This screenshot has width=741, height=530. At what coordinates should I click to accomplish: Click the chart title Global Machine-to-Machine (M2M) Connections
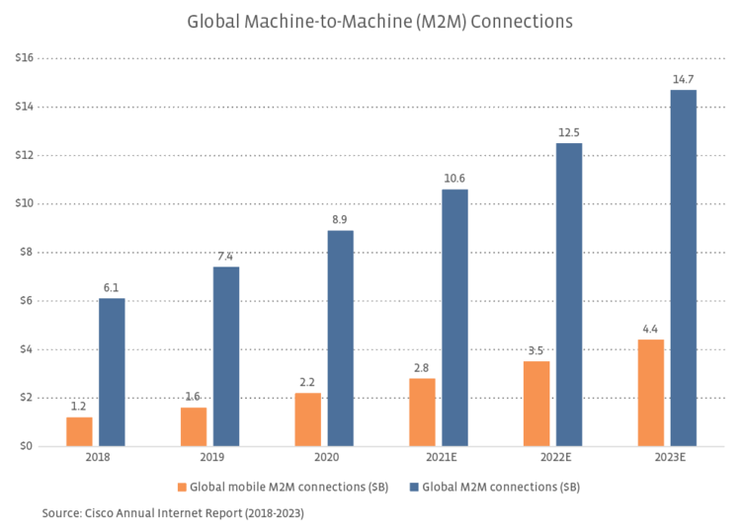[379, 21]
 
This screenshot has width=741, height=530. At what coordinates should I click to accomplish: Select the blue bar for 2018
[112, 372]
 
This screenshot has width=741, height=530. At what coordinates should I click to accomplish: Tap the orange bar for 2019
[193, 426]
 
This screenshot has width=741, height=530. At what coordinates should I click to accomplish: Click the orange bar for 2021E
[422, 413]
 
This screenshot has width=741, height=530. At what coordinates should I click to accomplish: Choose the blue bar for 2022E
[569, 294]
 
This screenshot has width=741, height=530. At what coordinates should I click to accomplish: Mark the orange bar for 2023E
[650, 393]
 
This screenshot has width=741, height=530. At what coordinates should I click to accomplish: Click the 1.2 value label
[79, 406]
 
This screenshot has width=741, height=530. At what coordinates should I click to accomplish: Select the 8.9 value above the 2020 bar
[340, 218]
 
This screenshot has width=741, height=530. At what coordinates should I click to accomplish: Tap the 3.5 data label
[536, 349]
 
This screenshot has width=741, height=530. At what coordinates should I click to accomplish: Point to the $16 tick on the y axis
[25, 58]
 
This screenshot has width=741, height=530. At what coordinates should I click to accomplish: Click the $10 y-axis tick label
[25, 203]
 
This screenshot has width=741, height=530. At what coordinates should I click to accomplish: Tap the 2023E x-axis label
[667, 460]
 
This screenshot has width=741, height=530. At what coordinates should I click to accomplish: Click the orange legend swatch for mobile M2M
[181, 487]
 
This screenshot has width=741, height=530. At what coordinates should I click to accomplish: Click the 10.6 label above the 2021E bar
[454, 178]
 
